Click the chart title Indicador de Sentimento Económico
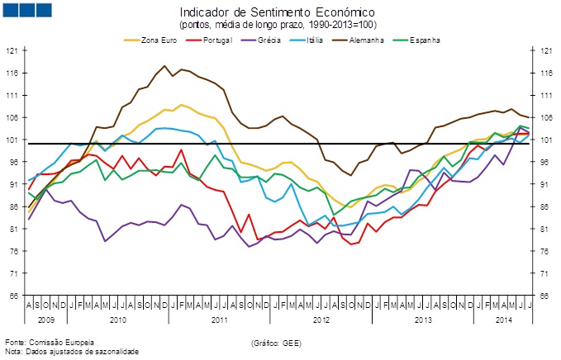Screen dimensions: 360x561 [277, 13]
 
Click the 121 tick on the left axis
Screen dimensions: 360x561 [12, 50]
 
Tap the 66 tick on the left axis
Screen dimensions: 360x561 [12, 296]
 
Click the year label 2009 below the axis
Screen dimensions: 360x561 [46, 318]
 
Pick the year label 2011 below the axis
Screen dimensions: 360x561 [219, 318]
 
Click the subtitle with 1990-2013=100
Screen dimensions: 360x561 [277, 26]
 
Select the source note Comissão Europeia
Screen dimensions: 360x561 [50, 341]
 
